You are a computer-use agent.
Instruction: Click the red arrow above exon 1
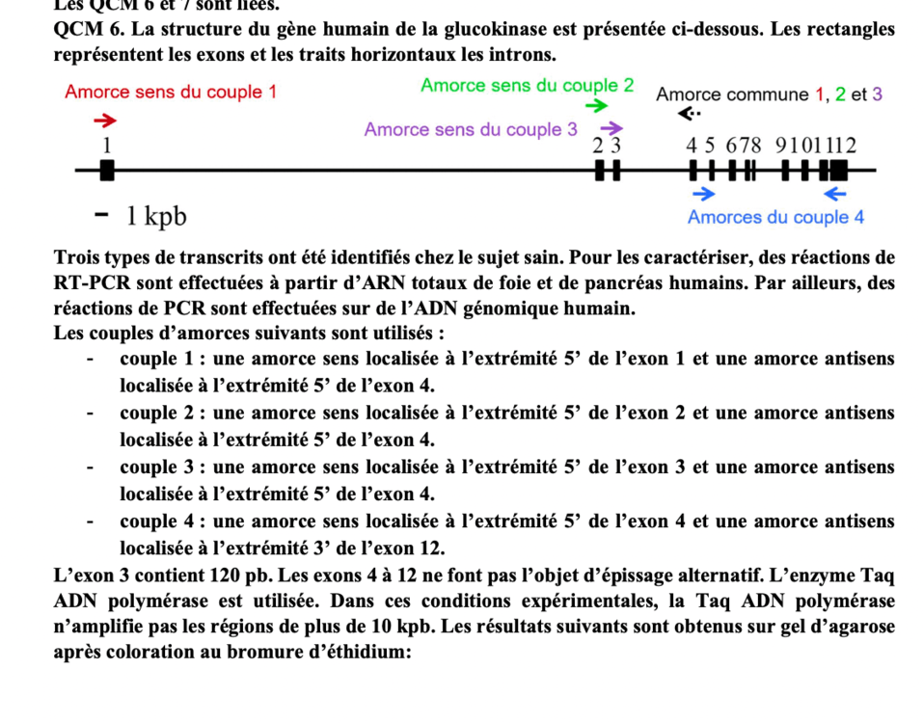[104, 120]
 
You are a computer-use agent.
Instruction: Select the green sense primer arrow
[597, 105]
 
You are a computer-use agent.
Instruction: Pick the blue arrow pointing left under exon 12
[834, 194]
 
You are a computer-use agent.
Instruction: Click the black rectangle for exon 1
[107, 171]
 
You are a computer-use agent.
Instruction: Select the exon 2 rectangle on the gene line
[599, 172]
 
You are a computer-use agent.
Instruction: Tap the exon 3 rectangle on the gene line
[612, 172]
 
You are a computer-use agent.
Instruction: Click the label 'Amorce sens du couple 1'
[171, 93]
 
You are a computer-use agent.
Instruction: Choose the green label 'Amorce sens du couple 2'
[527, 85]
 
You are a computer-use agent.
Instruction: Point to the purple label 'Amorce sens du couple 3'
[471, 130]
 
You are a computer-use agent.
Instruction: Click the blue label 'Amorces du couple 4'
[775, 217]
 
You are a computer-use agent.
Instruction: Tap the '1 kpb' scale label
[155, 217]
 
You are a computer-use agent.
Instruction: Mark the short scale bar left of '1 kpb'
[100, 215]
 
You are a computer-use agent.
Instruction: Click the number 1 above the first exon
[107, 145]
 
